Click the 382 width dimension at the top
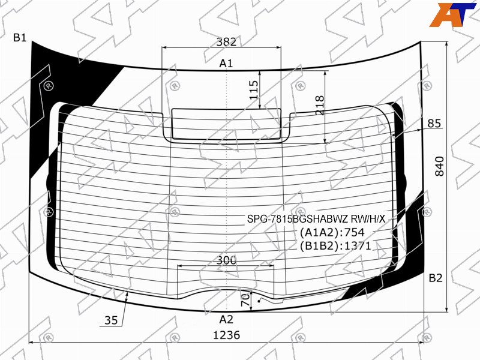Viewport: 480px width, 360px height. (x=227, y=41)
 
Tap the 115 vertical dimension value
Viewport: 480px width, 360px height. (x=254, y=89)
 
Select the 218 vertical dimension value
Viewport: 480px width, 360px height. (x=320, y=105)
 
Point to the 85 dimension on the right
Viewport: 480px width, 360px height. (x=434, y=124)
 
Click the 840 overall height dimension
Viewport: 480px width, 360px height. (x=439, y=166)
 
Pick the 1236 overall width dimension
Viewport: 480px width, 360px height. (x=227, y=335)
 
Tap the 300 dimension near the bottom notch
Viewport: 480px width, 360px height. (x=227, y=260)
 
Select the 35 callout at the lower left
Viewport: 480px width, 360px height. (x=111, y=320)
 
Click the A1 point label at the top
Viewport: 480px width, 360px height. (x=226, y=64)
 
